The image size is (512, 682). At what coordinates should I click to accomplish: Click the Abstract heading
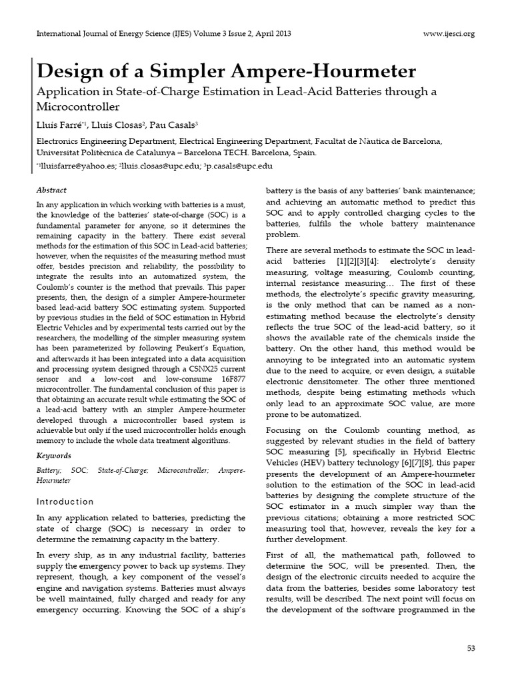[x=51, y=190]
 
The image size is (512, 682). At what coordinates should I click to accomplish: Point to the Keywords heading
[x=53, y=456]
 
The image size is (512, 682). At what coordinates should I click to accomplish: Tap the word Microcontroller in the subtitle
[x=77, y=106]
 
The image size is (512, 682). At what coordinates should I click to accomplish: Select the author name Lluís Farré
[x=57, y=125]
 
